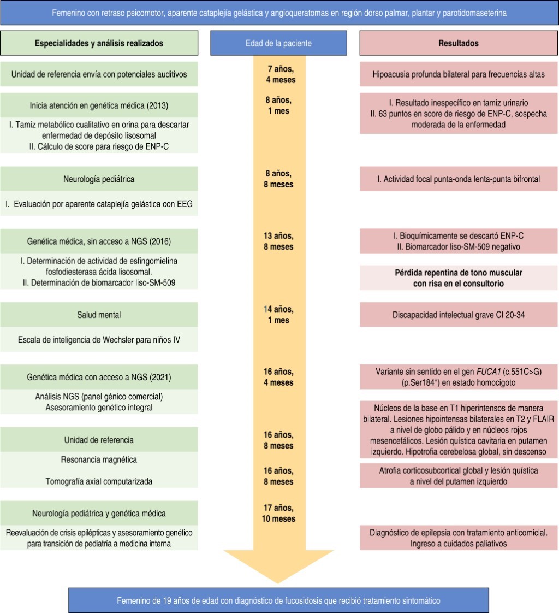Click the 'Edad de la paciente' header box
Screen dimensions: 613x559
pyautogui.click(x=278, y=43)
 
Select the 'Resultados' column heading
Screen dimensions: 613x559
pyautogui.click(x=459, y=43)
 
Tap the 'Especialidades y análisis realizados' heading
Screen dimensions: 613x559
pyautogui.click(x=99, y=43)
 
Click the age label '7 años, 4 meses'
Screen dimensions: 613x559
pyautogui.click(x=282, y=75)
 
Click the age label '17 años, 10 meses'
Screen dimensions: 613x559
pyautogui.click(x=278, y=513)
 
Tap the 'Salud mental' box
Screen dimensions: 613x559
pyautogui.click(x=99, y=315)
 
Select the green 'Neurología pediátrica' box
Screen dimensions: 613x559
pyautogui.click(x=99, y=179)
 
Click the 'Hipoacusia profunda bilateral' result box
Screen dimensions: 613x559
pyautogui.click(x=459, y=75)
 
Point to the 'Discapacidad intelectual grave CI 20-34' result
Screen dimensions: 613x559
pyautogui.click(x=459, y=315)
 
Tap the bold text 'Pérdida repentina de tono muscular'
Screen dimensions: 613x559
pyautogui.click(x=459, y=273)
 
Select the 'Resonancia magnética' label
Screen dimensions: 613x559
pyautogui.click(x=99, y=460)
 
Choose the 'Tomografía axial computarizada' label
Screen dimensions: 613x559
pyautogui.click(x=99, y=481)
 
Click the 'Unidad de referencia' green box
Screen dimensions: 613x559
pyautogui.click(x=99, y=440)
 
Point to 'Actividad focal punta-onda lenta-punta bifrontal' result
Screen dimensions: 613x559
pyautogui.click(x=459, y=179)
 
